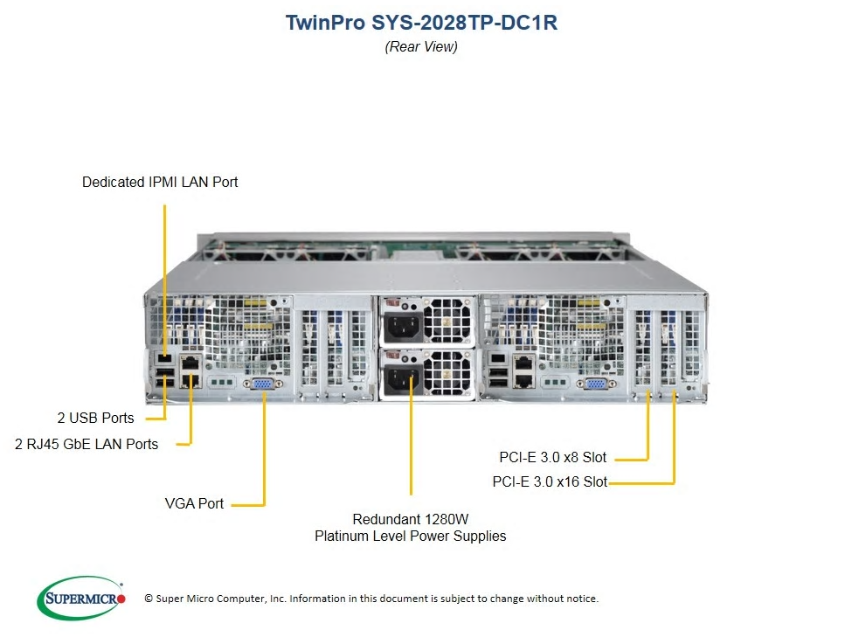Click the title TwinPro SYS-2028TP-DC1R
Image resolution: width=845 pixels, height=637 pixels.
coord(421,23)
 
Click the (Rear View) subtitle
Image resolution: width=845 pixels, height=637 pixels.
coord(421,47)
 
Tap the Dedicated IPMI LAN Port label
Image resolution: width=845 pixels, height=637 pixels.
coord(160,182)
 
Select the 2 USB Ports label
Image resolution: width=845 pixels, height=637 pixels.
coord(96,418)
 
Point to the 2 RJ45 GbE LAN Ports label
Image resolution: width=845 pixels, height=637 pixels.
coord(87,444)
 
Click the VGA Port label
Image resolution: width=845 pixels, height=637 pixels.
coord(194,503)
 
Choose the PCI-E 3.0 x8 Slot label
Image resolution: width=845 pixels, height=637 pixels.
coord(553,458)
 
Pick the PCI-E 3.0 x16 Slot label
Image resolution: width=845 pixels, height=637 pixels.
coord(550,481)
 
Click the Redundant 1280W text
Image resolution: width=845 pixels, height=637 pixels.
coord(411,519)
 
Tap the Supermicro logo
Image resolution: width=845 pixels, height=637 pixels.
coord(81,599)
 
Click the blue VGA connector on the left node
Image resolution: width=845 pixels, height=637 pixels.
coord(263,384)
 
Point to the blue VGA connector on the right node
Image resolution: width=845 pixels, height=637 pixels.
coord(596,384)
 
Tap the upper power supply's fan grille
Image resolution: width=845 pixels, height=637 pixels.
coord(447,320)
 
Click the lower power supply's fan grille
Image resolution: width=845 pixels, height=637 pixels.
coord(447,373)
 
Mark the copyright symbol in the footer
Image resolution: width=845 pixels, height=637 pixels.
coord(149,599)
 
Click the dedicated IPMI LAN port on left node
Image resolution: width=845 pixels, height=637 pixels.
coord(164,358)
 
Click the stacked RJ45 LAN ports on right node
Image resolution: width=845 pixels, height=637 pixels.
coord(523,372)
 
